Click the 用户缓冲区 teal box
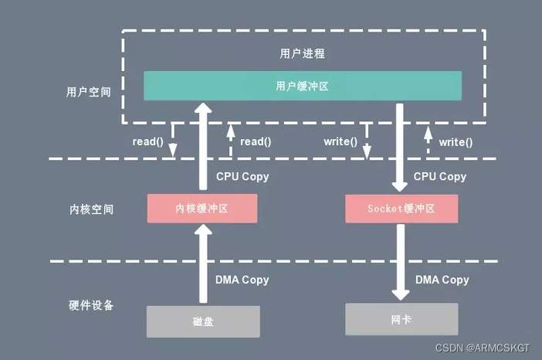coord(303,86)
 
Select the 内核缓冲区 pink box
coord(202,209)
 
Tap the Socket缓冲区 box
coord(401,209)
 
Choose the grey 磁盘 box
coord(202,321)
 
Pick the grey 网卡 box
coord(401,318)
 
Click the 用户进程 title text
coord(303,54)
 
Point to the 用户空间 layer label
coord(88,92)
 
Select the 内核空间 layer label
coord(90,209)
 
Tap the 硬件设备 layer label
coord(90,305)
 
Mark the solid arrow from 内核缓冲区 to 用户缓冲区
coord(202,147)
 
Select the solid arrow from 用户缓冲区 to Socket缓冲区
coord(400,147)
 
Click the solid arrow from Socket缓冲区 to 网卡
coord(400,263)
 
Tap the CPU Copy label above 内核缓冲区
coord(242,176)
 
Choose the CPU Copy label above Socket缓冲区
coord(440,176)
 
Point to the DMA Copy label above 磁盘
coord(242,280)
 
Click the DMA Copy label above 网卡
coord(442,280)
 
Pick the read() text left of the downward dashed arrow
coord(148,142)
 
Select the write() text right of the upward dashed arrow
coord(456,142)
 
